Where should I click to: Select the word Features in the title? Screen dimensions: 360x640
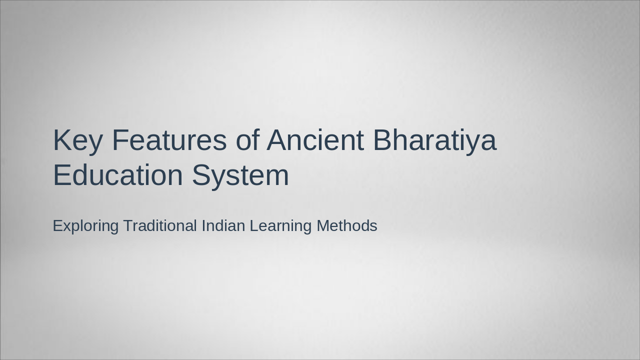169,140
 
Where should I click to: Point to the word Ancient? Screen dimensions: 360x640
315,140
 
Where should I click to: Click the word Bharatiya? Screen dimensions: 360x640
434,141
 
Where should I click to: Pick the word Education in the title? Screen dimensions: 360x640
118,175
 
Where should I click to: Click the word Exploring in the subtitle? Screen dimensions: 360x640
85,226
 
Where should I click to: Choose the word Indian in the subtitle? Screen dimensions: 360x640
223,225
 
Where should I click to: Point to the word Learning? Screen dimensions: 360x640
280,226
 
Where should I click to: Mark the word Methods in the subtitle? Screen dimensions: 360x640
347,225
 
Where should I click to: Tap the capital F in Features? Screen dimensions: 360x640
119,140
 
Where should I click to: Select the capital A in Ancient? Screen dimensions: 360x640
276,140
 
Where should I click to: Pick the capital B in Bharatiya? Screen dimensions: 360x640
383,140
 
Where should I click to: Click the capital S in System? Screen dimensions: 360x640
202,175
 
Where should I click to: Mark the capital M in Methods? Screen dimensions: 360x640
323,225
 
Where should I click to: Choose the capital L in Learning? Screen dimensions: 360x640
253,225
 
